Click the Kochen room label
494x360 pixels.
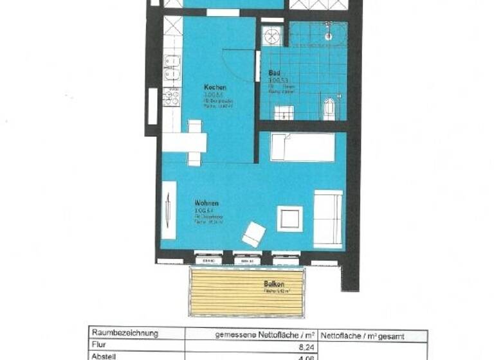point(214,87)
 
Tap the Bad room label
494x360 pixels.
point(274,74)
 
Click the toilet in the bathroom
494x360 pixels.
point(329,109)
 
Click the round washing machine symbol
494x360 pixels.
point(272,35)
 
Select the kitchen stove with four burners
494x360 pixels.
point(171,97)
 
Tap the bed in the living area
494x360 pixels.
point(302,147)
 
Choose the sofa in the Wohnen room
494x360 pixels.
point(328,219)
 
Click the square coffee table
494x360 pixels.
point(289,219)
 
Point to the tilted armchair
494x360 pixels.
point(253,233)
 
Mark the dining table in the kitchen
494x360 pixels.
point(185,141)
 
